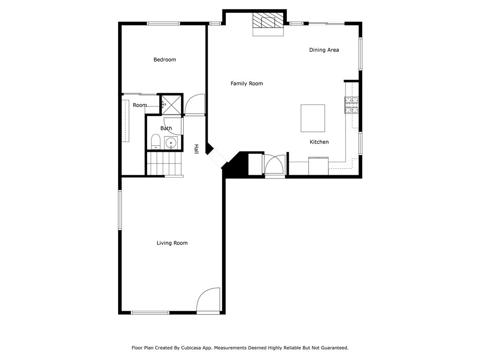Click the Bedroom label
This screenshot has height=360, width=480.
pos(165,60)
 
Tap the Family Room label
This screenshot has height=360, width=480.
pos(247,83)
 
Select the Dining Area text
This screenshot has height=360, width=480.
pos(324,50)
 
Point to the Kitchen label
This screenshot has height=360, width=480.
pos(319,142)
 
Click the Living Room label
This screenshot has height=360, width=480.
pos(172,243)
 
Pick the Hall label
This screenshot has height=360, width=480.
pos(196,148)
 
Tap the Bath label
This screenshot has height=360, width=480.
pos(166,128)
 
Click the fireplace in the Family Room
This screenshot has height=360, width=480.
pos(269,23)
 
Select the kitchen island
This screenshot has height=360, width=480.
pos(313,119)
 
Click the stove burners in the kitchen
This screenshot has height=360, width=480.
pos(352,105)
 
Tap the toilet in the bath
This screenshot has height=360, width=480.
pos(156,141)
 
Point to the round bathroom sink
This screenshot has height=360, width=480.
pos(171,142)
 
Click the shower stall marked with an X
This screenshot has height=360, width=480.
pos(170,104)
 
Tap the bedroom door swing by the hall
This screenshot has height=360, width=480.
pos(195,105)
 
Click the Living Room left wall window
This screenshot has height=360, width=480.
pos(120,210)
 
